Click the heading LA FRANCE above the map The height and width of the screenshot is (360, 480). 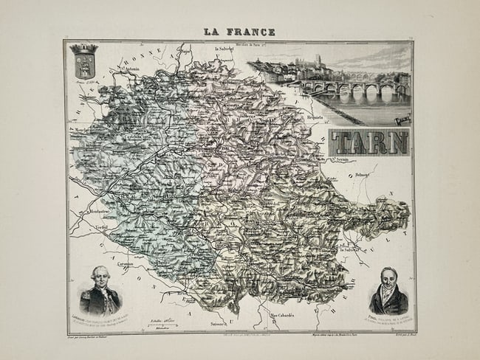tap(239, 32)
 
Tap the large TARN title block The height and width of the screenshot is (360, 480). tap(370, 142)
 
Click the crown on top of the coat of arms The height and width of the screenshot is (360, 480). tap(83, 49)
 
